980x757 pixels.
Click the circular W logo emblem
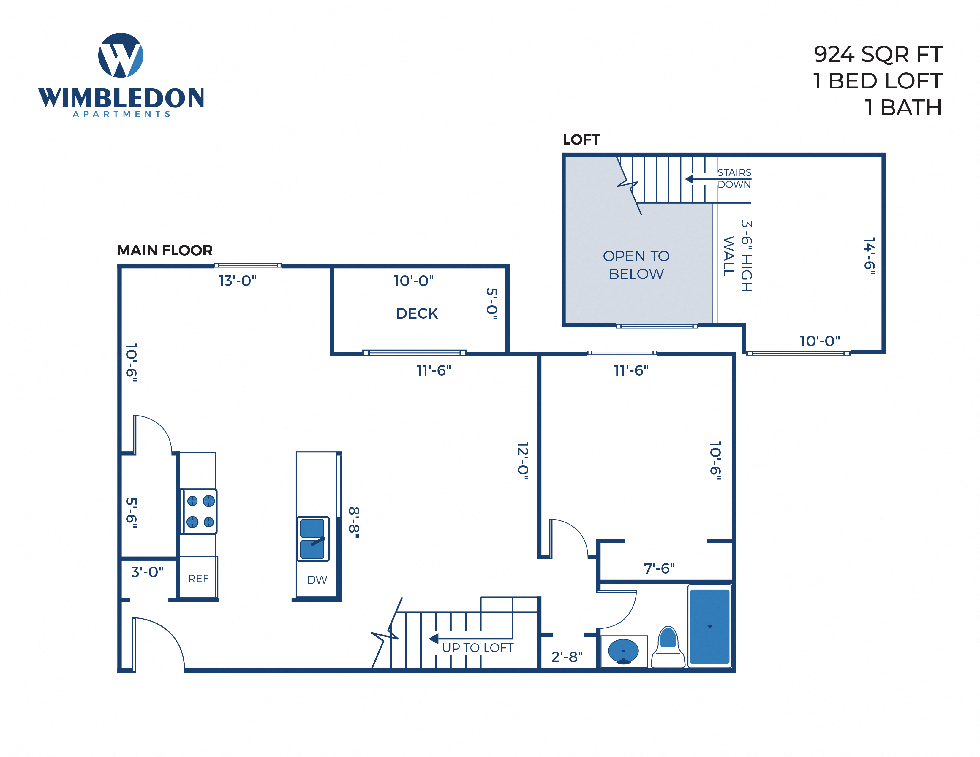pos(121,55)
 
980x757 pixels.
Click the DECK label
pos(417,313)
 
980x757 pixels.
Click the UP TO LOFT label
pos(478,647)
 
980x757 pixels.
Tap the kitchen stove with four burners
pos(200,511)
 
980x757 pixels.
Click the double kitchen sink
pos(313,539)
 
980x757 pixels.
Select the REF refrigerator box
pos(198,579)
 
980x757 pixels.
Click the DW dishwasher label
pos(317,580)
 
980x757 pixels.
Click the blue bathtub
pos(709,626)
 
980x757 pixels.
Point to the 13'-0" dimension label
pos(237,281)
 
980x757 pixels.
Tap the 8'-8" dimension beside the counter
pos(354,522)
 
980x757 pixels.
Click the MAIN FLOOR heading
pos(165,250)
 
